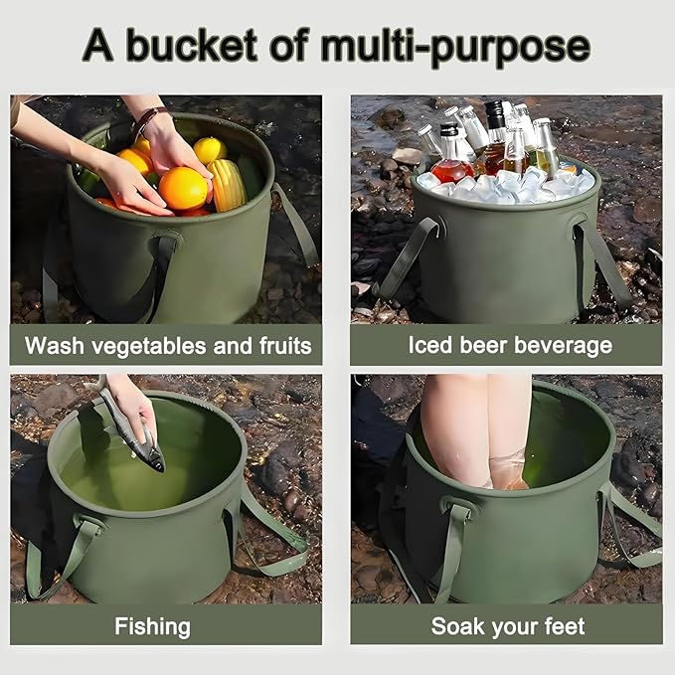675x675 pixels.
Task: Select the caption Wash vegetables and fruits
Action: coord(167,346)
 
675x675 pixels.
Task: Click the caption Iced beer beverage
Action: coord(510,346)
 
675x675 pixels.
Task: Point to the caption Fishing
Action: coord(152,626)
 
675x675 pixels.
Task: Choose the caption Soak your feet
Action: coord(508,626)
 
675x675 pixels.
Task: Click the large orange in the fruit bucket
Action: coord(184,188)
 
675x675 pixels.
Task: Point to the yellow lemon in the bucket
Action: coord(210,150)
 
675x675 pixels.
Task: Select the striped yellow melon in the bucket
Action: coord(228,184)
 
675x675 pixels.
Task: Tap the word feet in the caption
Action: coord(563,626)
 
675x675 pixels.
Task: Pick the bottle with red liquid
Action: coord(452,159)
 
